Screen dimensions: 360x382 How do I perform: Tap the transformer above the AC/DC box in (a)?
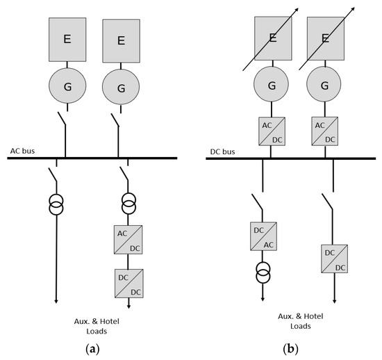coord(127,205)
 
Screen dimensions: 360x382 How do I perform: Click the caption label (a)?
coord(90,347)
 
